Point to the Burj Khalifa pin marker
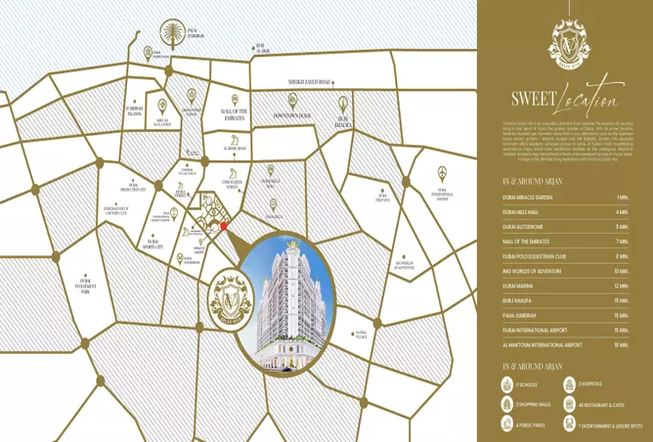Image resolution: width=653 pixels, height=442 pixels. [344, 103]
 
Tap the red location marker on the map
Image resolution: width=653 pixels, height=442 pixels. [223, 226]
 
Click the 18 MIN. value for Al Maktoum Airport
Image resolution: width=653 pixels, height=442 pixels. [621, 344]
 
